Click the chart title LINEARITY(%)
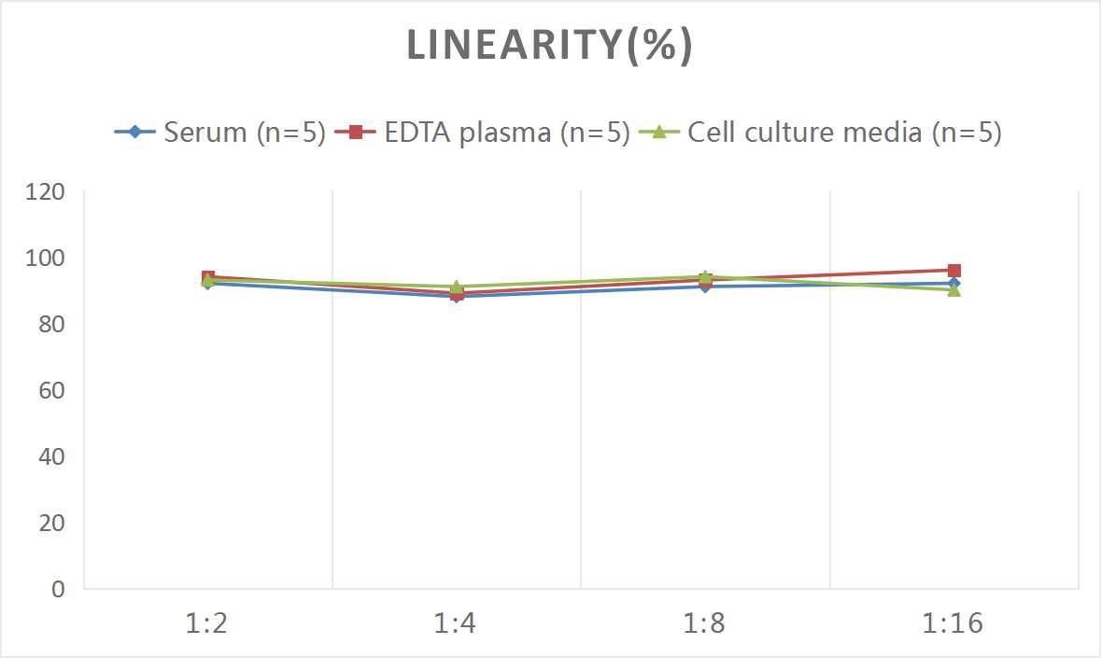coord(549,45)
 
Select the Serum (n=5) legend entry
coord(244,132)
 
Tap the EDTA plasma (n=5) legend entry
coord(507,132)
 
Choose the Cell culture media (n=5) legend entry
coord(844,132)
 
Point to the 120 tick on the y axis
coord(46,192)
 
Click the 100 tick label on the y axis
coord(46,259)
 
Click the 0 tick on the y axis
coord(59,590)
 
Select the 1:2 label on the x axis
coord(207,623)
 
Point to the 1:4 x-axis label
coord(456,623)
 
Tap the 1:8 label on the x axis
coord(705,623)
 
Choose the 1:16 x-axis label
coord(953,623)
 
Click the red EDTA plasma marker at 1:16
coord(954,271)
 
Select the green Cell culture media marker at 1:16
coord(954,290)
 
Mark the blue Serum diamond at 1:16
coord(954,283)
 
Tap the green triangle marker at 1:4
coord(457,287)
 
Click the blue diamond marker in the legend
coord(135,132)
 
